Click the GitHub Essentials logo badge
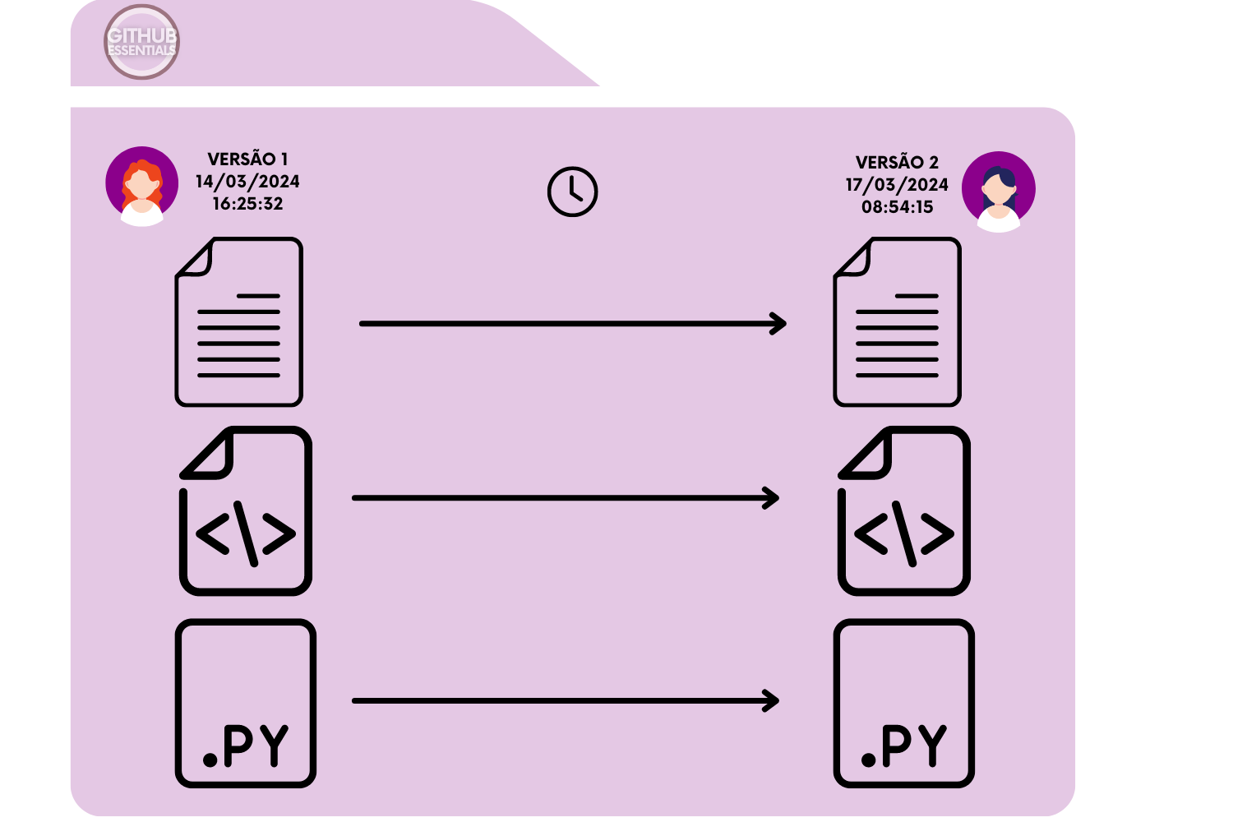141,42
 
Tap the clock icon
572,192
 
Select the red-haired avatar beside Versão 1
142,186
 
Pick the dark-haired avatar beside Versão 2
999,191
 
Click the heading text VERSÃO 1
247,159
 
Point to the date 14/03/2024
247,182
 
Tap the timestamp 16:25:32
247,204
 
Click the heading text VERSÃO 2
897,163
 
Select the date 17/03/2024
897,185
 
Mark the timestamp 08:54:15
897,207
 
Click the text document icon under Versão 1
239,322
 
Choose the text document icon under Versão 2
898,322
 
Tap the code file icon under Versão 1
246,511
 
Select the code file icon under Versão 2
904,511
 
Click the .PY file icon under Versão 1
246,704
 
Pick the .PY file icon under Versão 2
904,704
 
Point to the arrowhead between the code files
771,498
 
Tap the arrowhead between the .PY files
771,701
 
